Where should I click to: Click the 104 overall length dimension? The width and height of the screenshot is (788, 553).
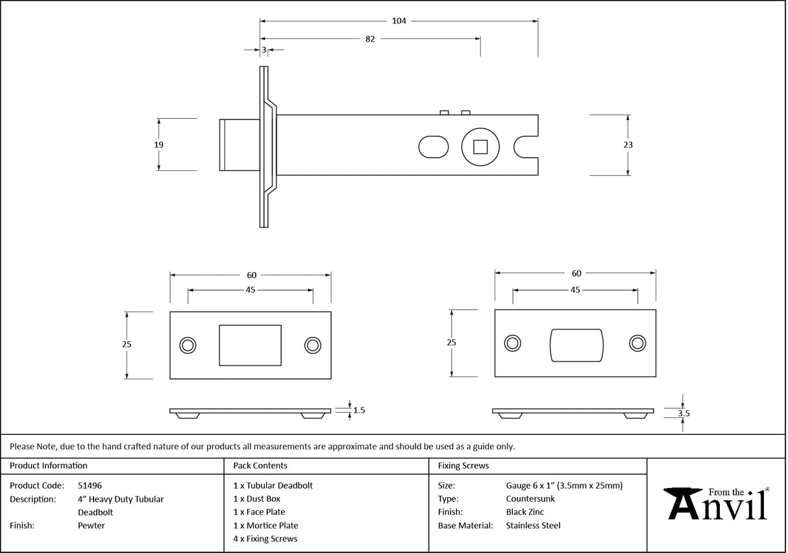pyautogui.click(x=399, y=21)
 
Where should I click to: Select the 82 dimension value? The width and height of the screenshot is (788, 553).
pyautogui.click(x=370, y=39)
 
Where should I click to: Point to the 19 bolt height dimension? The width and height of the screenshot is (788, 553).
pyautogui.click(x=159, y=145)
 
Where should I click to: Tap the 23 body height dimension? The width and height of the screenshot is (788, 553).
pyautogui.click(x=628, y=145)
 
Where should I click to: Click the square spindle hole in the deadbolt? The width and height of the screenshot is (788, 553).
pyautogui.click(x=480, y=147)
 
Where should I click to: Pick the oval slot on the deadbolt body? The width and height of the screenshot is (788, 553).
pyautogui.click(x=433, y=147)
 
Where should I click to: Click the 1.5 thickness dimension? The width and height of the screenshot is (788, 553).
pyautogui.click(x=359, y=410)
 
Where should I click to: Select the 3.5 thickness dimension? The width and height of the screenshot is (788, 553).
pyautogui.click(x=683, y=413)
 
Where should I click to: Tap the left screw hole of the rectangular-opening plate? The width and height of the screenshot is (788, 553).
pyautogui.click(x=188, y=345)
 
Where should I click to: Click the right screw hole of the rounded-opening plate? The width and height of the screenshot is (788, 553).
pyautogui.click(x=637, y=343)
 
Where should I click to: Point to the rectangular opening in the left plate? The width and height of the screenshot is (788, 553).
pyautogui.click(x=251, y=345)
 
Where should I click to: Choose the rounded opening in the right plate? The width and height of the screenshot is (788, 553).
pyautogui.click(x=576, y=345)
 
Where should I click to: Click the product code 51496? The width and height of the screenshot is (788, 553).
pyautogui.click(x=90, y=485)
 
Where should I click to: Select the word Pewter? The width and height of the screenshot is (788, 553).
pyautogui.click(x=91, y=526)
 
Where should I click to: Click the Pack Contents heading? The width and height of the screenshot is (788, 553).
pyautogui.click(x=260, y=465)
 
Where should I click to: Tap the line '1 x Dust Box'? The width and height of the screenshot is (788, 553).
pyautogui.click(x=257, y=499)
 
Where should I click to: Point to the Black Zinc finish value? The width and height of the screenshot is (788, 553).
pyautogui.click(x=524, y=512)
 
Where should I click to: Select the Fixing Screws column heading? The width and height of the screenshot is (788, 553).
pyautogui.click(x=463, y=465)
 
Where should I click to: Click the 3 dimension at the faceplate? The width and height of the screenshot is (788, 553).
pyautogui.click(x=264, y=49)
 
